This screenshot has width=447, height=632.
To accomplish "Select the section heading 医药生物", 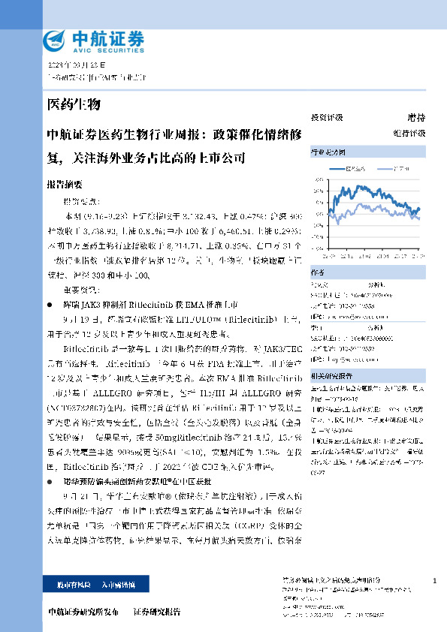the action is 74,104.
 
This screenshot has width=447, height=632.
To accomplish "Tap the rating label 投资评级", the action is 327,118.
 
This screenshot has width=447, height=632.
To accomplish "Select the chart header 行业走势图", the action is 328,152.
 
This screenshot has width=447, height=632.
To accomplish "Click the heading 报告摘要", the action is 65,184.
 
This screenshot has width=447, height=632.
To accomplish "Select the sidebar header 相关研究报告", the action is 331,374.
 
